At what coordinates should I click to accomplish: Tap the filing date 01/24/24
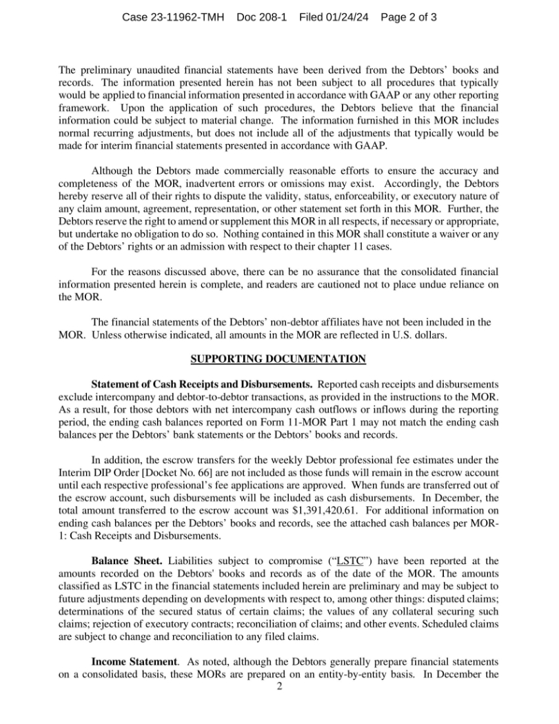(x=347, y=16)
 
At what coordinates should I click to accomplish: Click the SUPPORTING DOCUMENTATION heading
(x=278, y=359)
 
